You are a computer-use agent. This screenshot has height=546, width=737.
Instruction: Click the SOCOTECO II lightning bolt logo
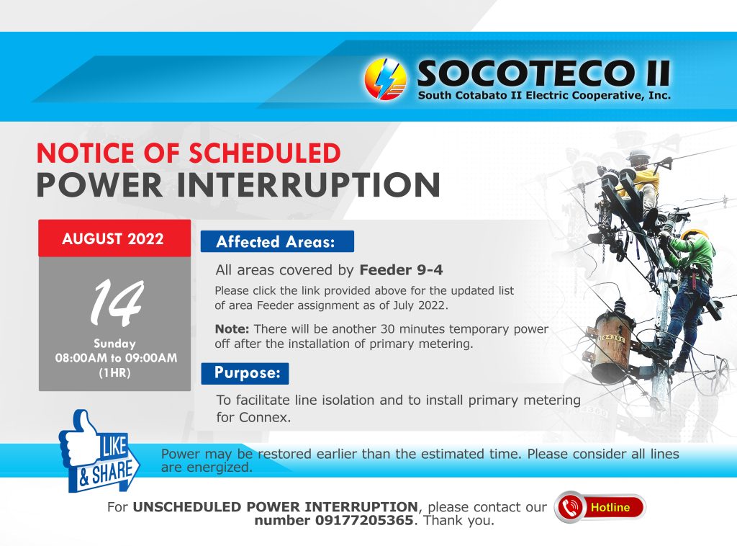pos(386,79)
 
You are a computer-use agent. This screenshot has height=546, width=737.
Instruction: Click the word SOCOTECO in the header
pos(523,73)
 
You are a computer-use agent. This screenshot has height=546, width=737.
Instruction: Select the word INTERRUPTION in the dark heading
pos(308,185)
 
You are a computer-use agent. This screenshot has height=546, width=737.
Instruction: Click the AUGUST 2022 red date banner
pos(114,238)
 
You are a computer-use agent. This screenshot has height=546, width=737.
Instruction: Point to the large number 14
pos(117,303)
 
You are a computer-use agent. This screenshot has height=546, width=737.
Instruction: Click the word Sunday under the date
pos(114,344)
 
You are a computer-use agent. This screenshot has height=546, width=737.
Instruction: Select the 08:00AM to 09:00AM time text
pos(116,358)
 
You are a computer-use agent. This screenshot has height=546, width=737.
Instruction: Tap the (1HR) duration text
pos(114,373)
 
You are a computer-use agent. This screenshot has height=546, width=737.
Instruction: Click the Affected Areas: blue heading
pos(277,242)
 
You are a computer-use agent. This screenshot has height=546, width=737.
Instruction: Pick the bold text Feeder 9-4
pos(401,270)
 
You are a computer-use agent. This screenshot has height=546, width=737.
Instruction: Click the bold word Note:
pos(232,328)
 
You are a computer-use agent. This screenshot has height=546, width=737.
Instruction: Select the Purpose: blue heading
pos(245,373)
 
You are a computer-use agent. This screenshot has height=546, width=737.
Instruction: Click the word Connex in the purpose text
pos(263,417)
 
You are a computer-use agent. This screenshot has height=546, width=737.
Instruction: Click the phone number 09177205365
pos(363,521)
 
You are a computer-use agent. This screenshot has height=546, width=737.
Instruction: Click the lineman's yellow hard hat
pos(695,234)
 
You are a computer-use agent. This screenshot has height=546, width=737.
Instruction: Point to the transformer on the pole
pos(612,346)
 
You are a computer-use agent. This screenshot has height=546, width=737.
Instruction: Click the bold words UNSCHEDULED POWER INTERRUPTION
pos(275,507)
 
